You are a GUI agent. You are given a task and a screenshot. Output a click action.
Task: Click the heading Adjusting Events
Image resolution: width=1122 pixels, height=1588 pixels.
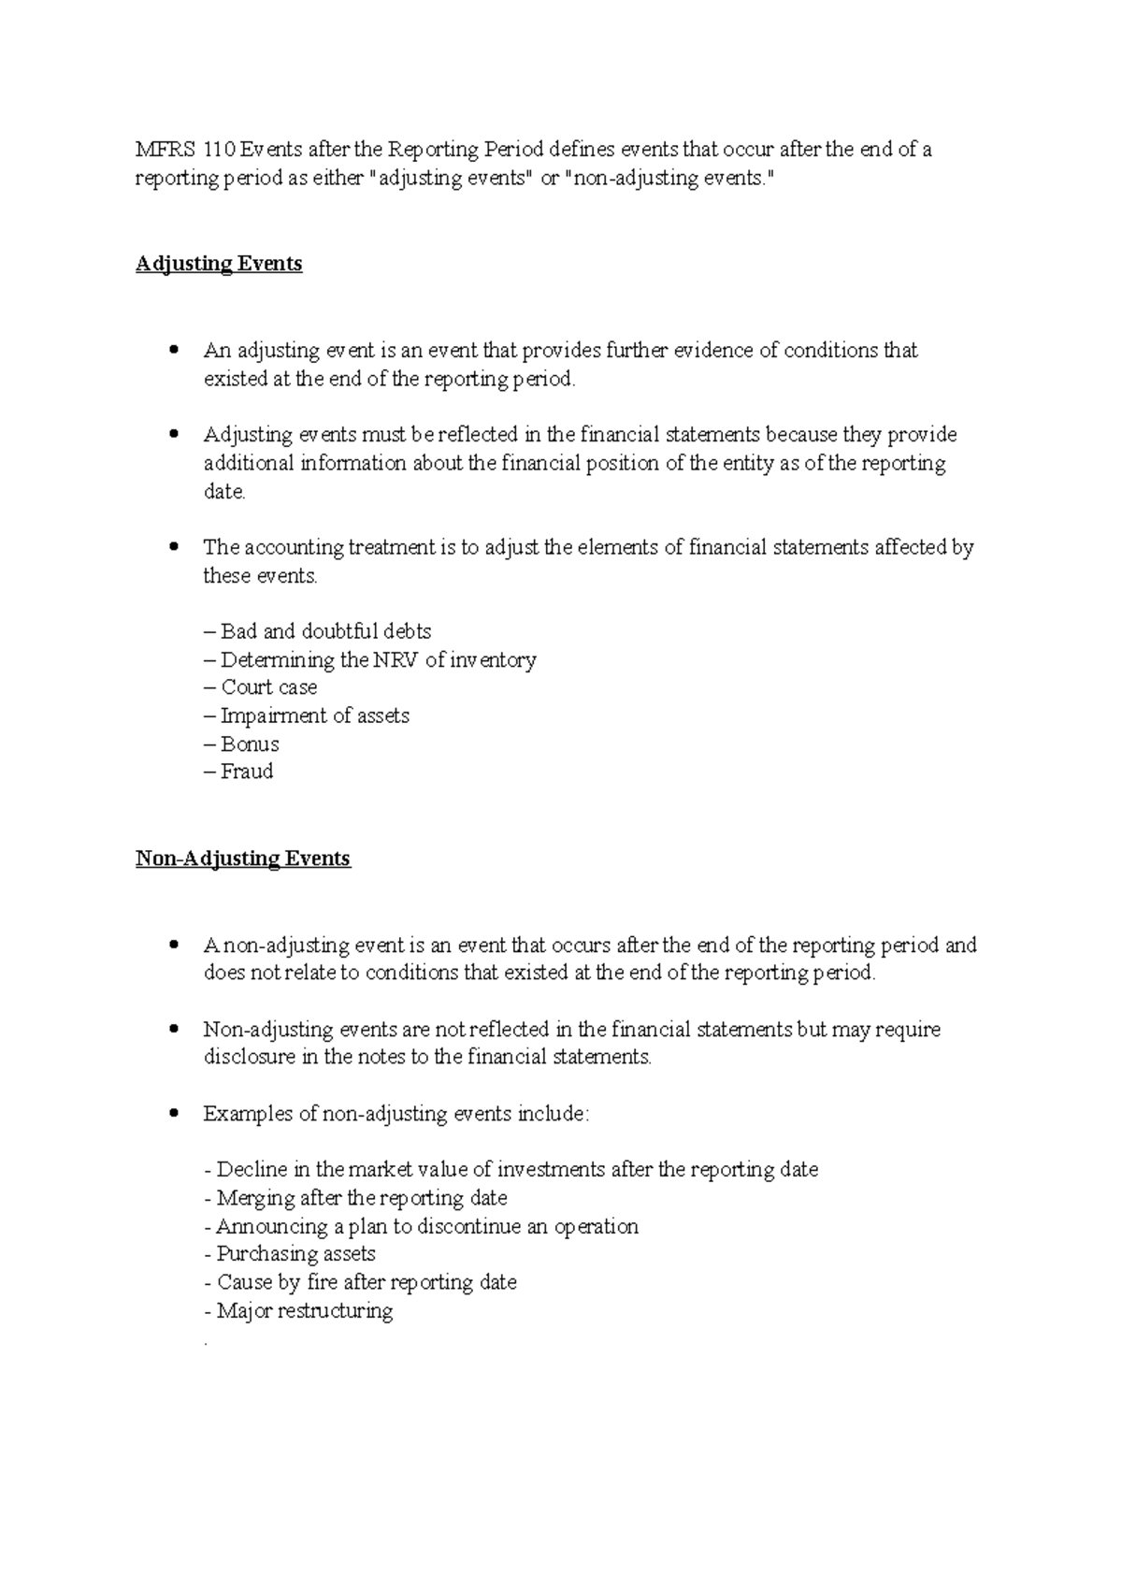click(x=219, y=264)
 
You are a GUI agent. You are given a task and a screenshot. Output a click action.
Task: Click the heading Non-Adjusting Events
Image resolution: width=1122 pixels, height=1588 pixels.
click(x=243, y=859)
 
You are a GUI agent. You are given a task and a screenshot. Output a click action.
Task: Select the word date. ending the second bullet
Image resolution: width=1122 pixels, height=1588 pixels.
click(x=224, y=492)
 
